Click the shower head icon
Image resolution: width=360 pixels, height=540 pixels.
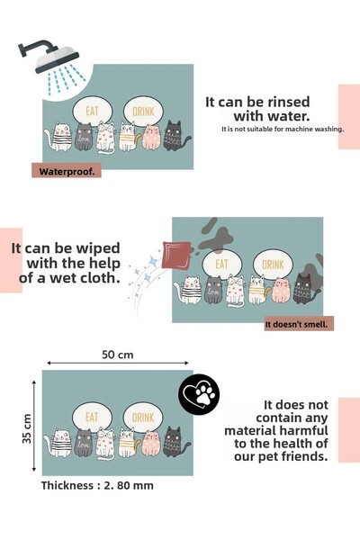[x=50, y=57]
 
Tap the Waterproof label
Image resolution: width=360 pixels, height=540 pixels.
[x=67, y=171]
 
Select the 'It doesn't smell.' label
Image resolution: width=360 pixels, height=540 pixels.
[x=299, y=324]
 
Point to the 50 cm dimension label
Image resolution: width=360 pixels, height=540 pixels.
[x=118, y=355]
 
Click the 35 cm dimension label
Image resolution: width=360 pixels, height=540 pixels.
[x=27, y=428]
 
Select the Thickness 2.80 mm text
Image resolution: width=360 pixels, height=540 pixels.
[x=97, y=485]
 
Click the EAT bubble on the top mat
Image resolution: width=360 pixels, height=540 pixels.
[x=93, y=111]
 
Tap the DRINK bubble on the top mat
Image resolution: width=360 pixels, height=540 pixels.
[x=143, y=111]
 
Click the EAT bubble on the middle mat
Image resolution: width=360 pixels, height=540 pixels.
[x=222, y=264]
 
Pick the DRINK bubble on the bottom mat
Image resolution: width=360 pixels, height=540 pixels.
[x=143, y=417]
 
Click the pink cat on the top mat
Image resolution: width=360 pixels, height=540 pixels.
[x=151, y=137]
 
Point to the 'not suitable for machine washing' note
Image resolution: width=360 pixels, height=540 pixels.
[x=283, y=129]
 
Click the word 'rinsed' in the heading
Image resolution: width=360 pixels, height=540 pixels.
[x=289, y=102]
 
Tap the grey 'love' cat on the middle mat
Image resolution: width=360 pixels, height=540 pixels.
[x=213, y=290]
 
